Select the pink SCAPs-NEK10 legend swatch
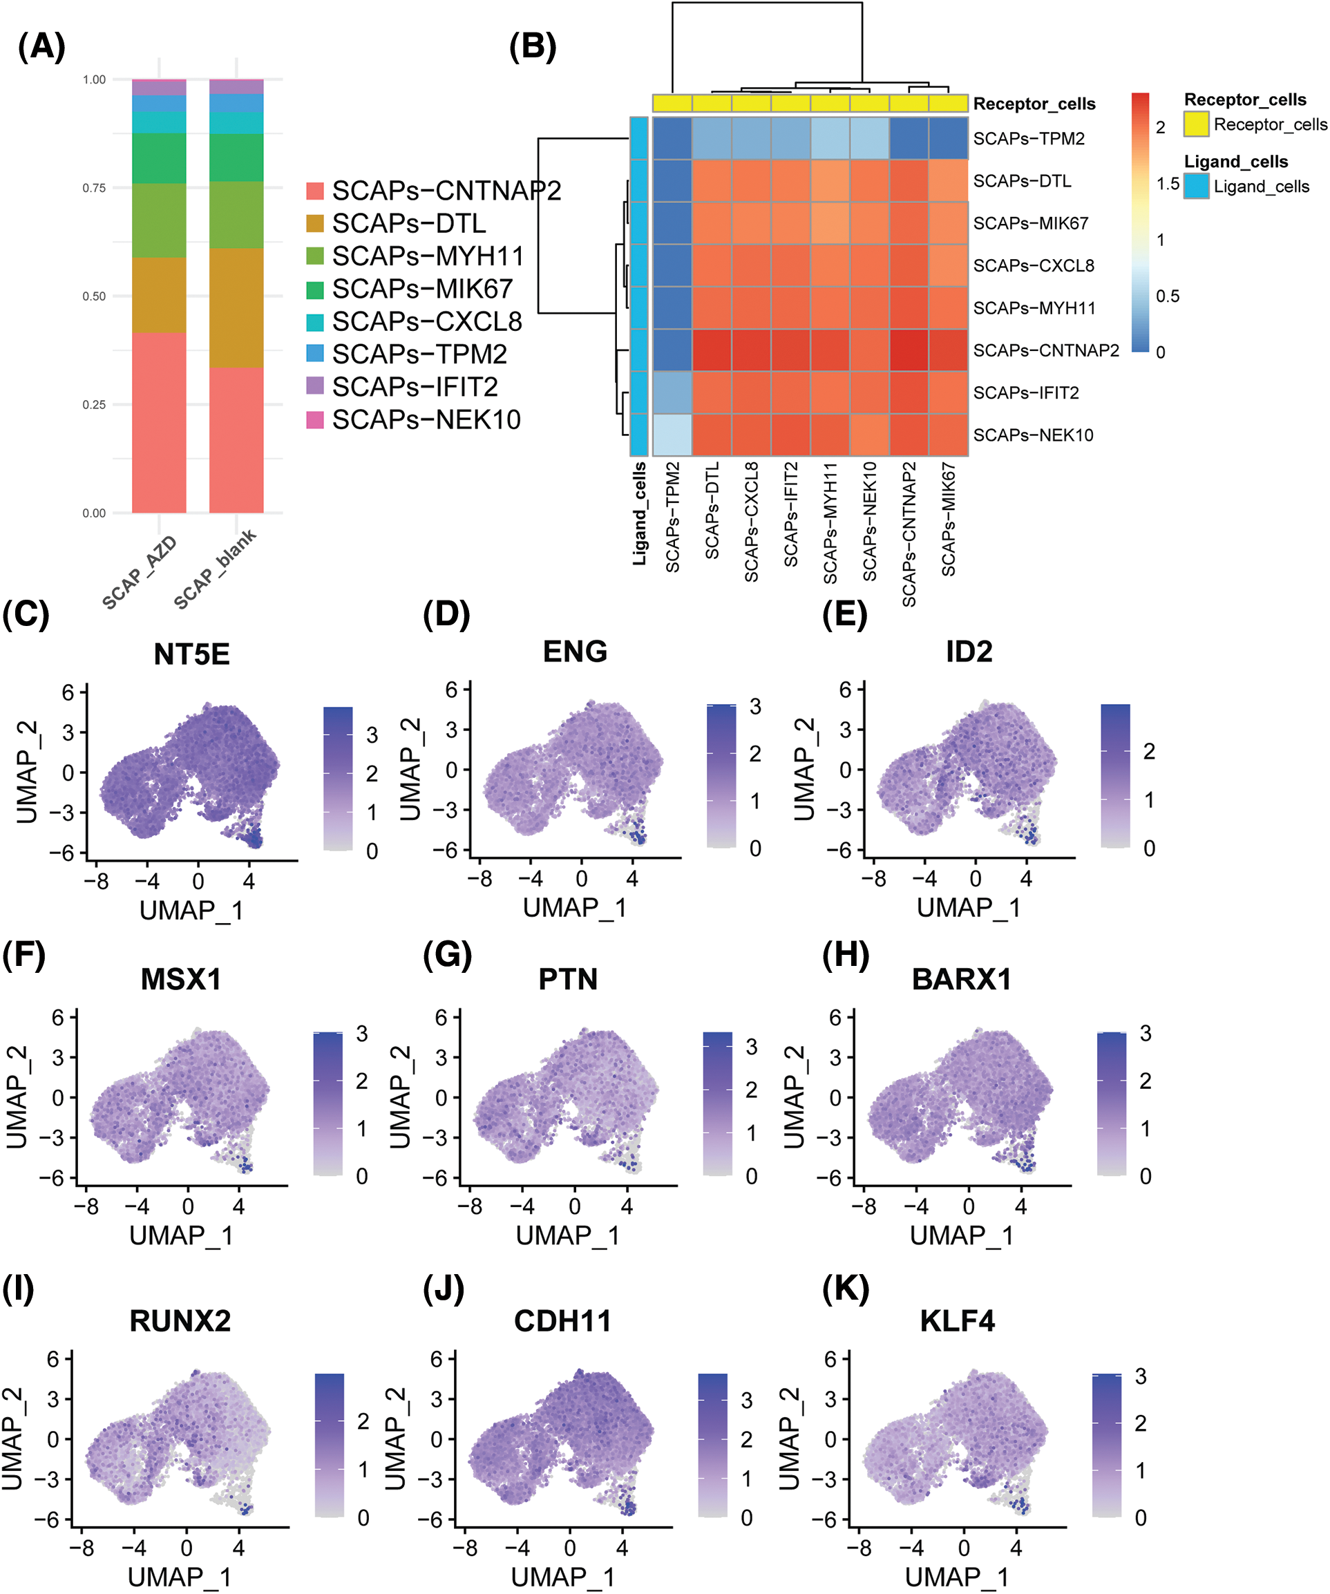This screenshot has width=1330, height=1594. [x=315, y=420]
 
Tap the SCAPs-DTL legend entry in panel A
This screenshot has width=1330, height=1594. [x=408, y=224]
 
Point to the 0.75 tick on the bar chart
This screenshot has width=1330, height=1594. [x=94, y=187]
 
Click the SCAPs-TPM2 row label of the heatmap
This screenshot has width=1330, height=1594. [x=1029, y=139]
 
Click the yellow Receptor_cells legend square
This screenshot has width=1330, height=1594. [x=1196, y=124]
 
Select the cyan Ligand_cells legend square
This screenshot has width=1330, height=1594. [x=1196, y=187]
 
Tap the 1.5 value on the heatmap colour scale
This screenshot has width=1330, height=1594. [x=1168, y=184]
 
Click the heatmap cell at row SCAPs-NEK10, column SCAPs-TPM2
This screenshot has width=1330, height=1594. [x=672, y=435]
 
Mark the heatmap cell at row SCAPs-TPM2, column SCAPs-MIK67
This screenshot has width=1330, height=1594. [x=948, y=138]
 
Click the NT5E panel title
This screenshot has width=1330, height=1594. [x=191, y=654]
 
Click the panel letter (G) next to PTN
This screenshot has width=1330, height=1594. [x=447, y=955]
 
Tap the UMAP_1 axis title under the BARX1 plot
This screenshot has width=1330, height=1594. [x=961, y=1235]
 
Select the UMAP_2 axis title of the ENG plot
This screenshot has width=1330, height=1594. [x=410, y=769]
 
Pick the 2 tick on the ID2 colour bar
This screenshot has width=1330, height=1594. [x=1148, y=752]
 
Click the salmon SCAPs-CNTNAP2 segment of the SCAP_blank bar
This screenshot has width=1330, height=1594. [x=236, y=440]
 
